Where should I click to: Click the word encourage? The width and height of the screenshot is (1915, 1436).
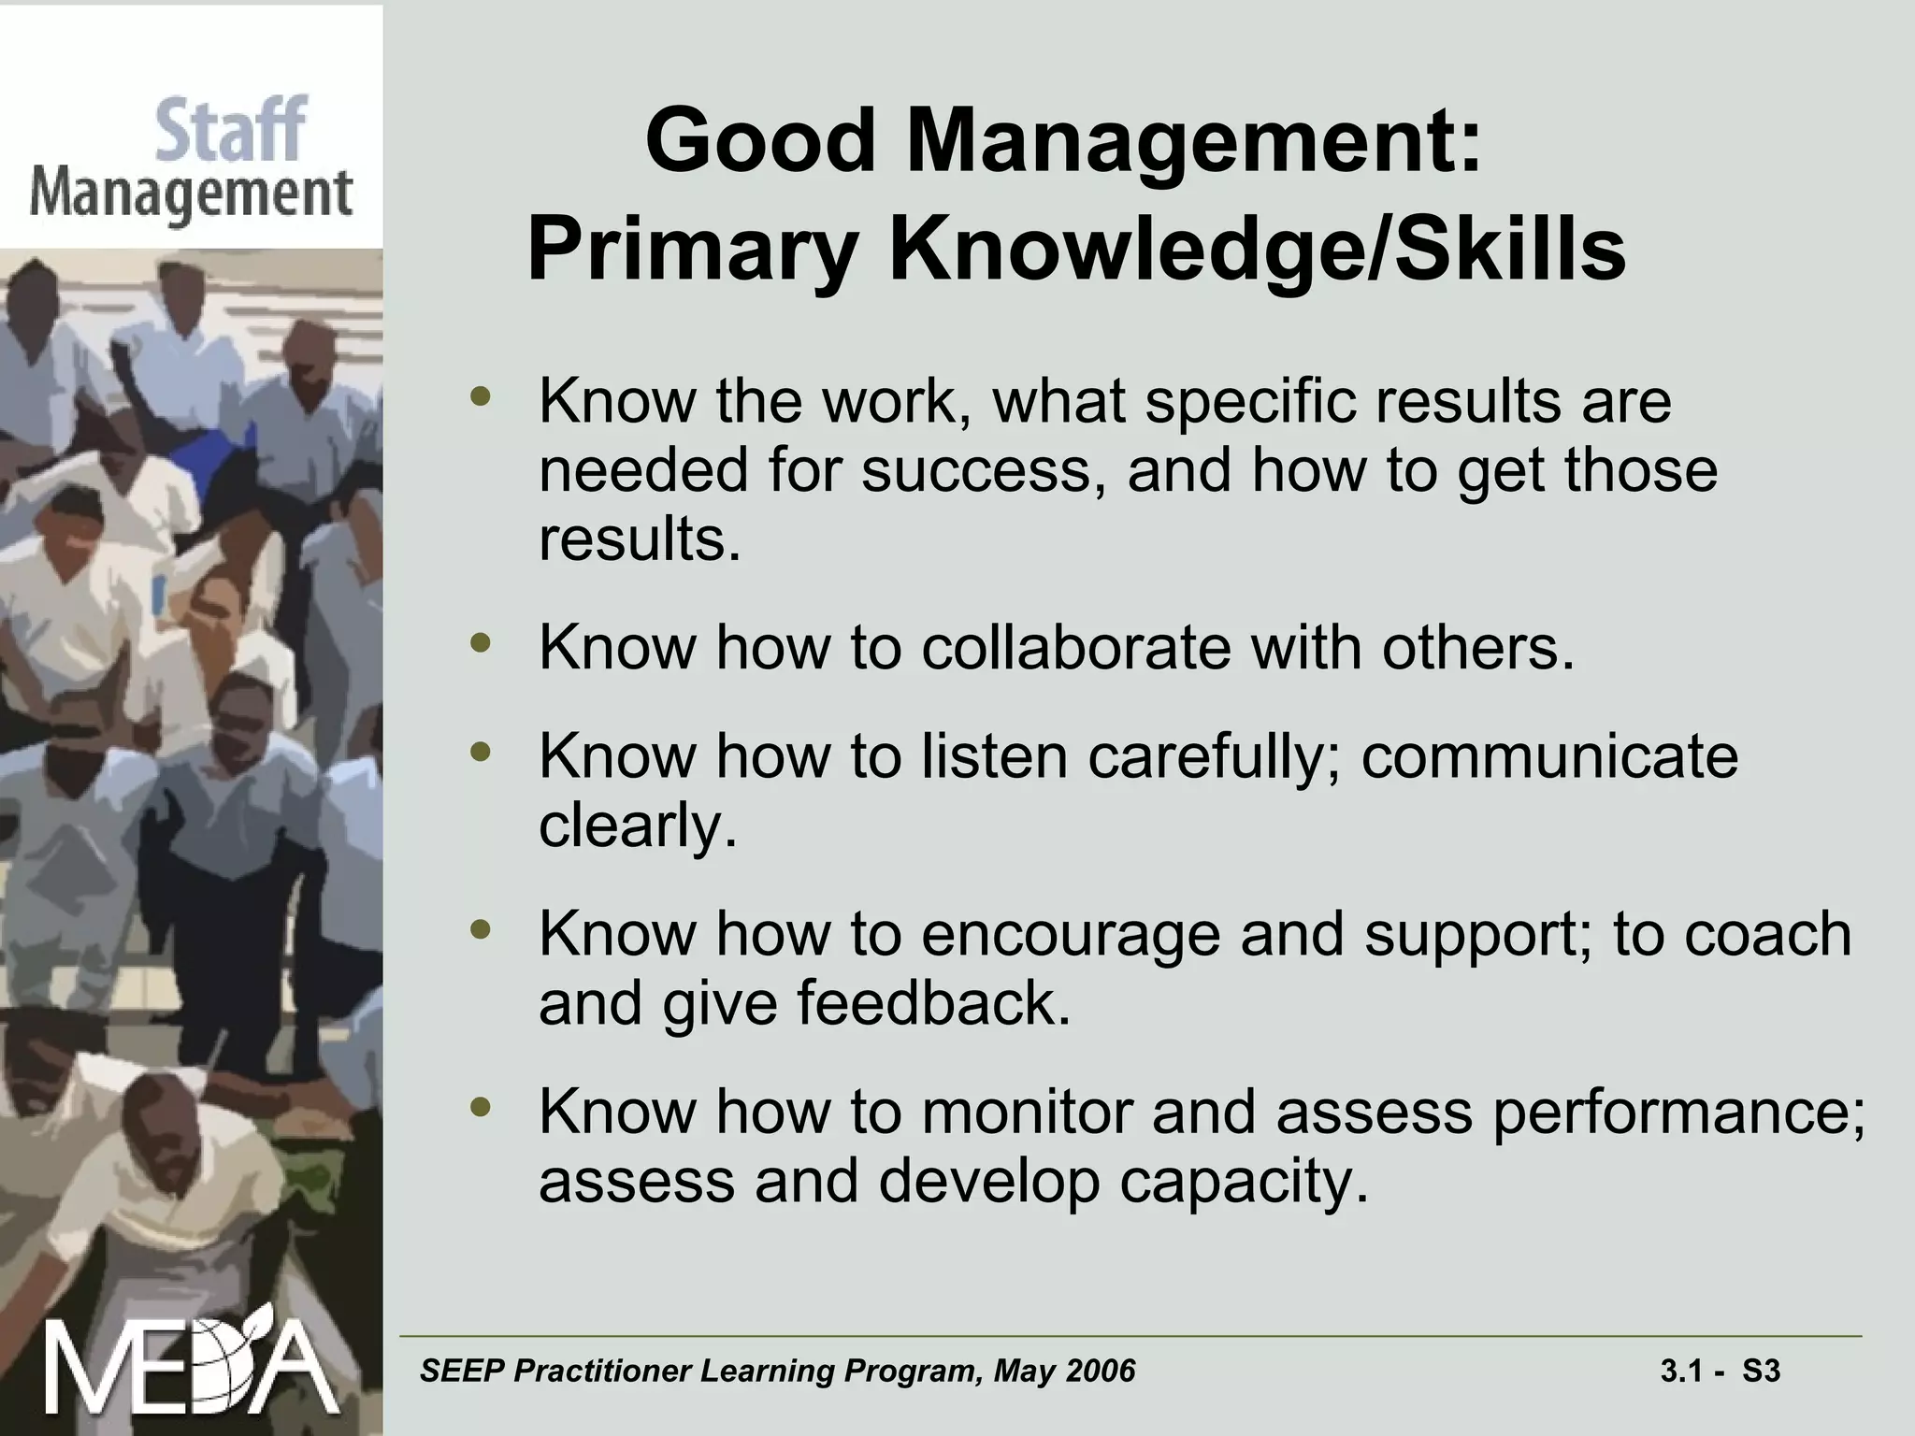click(1071, 934)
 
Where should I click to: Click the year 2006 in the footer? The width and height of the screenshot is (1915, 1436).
click(1101, 1371)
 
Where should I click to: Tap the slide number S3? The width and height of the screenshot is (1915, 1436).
click(1762, 1371)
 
